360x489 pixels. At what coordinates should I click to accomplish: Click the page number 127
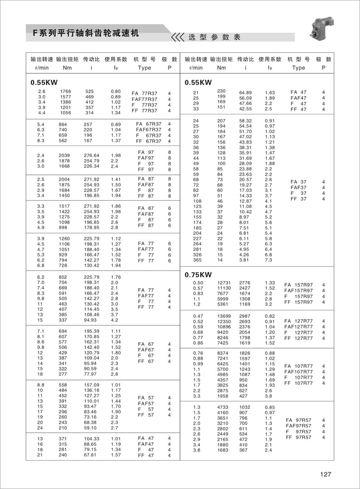pyautogui.click(x=325, y=475)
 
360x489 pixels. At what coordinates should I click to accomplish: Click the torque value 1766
pyautogui.click(x=65, y=91)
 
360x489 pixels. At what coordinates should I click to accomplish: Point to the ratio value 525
pyautogui.click(x=90, y=91)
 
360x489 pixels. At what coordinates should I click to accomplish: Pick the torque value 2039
pyautogui.click(x=65, y=156)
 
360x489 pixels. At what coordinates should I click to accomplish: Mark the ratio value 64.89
pyautogui.click(x=246, y=92)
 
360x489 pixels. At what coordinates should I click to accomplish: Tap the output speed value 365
pyautogui.click(x=197, y=260)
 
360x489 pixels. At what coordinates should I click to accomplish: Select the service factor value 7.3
pyautogui.click(x=269, y=260)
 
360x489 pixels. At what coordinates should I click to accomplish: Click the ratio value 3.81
pyautogui.click(x=245, y=260)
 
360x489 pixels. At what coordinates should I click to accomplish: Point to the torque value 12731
pyautogui.click(x=225, y=283)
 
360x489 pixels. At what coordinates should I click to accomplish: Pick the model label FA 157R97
pyautogui.click(x=299, y=285)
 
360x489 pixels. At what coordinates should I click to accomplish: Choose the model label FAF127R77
pyautogui.click(x=299, y=327)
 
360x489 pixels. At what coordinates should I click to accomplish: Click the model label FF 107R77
pyautogui.click(x=299, y=383)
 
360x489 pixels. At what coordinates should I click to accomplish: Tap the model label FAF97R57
pyautogui.click(x=299, y=426)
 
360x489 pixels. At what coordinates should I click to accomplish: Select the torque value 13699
pyautogui.click(x=225, y=316)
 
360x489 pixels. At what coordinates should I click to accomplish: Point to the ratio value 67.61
pyautogui.click(x=91, y=455)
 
